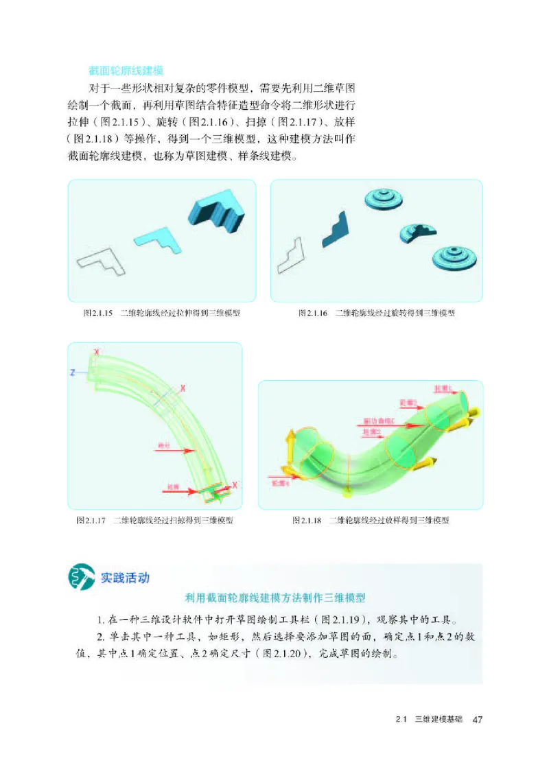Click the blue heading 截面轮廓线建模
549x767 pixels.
click(x=126, y=70)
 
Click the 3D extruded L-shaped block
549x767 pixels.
click(x=216, y=210)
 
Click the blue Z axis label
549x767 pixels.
click(x=71, y=373)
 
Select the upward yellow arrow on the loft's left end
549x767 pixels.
click(x=290, y=442)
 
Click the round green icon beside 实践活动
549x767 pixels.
click(x=80, y=578)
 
